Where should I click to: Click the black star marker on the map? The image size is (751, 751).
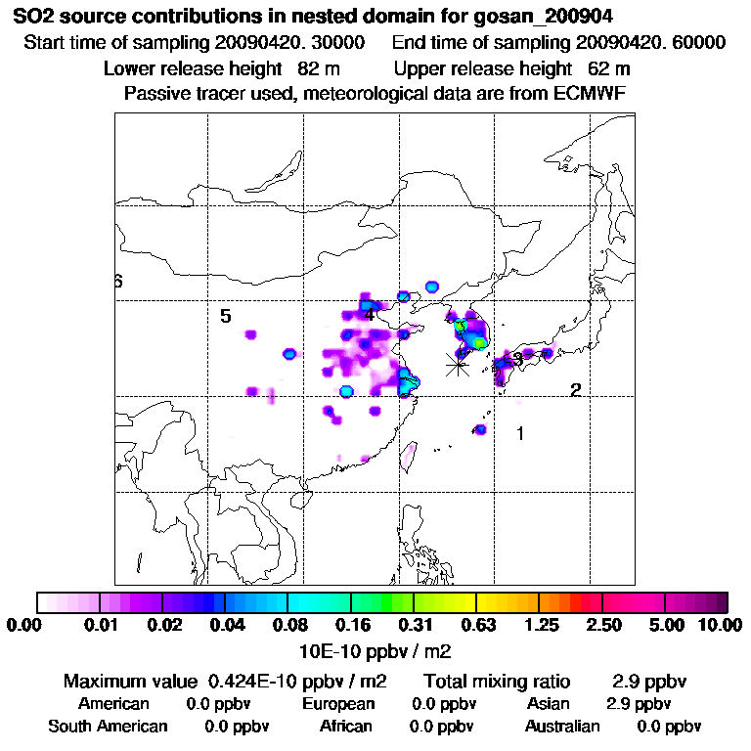pyautogui.click(x=457, y=365)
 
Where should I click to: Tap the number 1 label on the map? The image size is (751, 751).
pyautogui.click(x=521, y=433)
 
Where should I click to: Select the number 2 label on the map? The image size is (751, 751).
pyautogui.click(x=576, y=390)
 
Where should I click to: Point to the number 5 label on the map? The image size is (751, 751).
pyautogui.click(x=225, y=316)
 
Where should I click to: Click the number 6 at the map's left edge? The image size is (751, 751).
pyautogui.click(x=118, y=282)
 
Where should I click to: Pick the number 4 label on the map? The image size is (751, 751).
pyautogui.click(x=369, y=314)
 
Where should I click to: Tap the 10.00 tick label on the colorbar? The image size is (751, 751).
pyautogui.click(x=723, y=626)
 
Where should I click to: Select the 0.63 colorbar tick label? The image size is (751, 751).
pyautogui.click(x=476, y=626)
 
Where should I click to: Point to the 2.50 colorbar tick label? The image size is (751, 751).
pyautogui.click(x=603, y=626)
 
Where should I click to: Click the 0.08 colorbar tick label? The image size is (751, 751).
pyautogui.click(x=287, y=626)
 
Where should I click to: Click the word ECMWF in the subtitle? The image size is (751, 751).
pyautogui.click(x=589, y=93)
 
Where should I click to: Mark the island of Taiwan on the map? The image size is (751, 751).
pyautogui.click(x=411, y=452)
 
